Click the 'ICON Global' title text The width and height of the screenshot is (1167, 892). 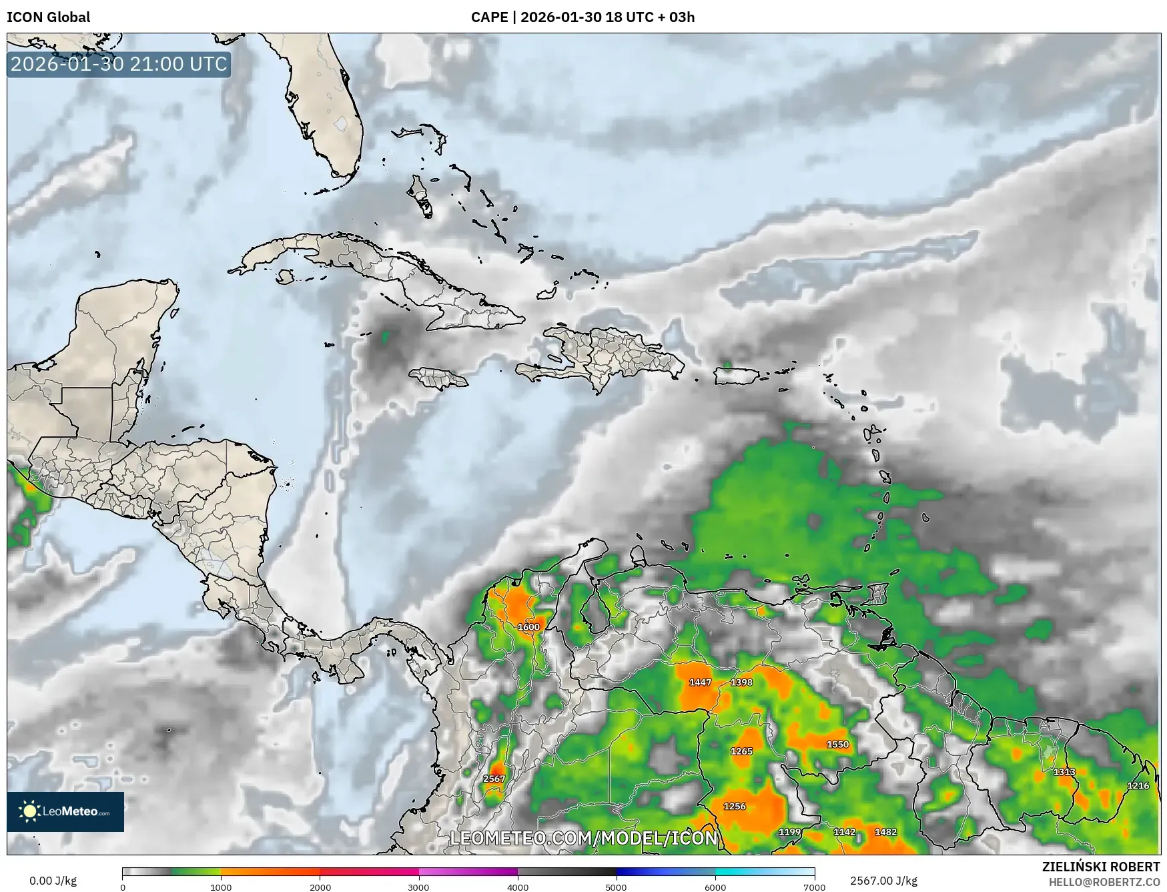(48, 17)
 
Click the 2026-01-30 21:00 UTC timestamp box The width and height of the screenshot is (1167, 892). (119, 64)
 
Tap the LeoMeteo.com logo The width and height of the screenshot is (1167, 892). (65, 811)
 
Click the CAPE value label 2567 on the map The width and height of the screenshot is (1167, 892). (494, 779)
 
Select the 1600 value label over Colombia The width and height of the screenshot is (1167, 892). (528, 627)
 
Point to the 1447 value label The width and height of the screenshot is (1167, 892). (700, 683)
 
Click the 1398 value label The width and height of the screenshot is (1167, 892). (741, 683)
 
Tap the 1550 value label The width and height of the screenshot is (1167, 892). (837, 745)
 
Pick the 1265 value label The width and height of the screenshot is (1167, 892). (741, 751)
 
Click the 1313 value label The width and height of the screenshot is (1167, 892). (1064, 772)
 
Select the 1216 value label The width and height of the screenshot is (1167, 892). (1138, 786)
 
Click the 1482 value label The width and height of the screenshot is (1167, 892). (885, 832)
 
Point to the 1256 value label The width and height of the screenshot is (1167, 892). (735, 807)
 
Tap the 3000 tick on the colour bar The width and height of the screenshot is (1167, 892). (419, 887)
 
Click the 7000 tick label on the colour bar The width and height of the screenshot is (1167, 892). (814, 887)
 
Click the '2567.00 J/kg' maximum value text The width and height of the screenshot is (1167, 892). (883, 881)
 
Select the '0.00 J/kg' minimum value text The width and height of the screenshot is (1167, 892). (53, 881)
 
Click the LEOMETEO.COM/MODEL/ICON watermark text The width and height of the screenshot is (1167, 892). (584, 838)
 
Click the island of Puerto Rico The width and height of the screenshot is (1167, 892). (738, 376)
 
